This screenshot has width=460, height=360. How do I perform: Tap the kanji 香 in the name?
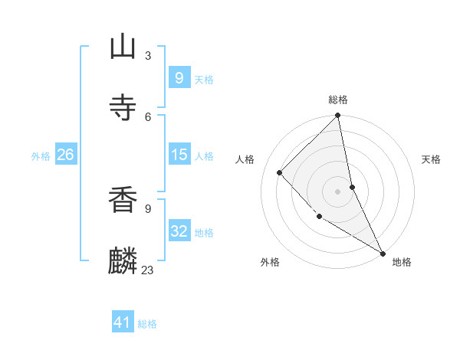(x=123, y=200)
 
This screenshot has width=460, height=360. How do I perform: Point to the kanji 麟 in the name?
(x=123, y=260)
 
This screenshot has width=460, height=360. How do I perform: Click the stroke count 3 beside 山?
(x=148, y=55)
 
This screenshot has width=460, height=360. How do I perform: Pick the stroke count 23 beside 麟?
(x=147, y=270)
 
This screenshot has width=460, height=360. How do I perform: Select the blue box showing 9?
(x=179, y=78)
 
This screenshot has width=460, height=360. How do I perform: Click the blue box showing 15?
(x=179, y=155)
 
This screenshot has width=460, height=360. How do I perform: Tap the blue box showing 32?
(x=179, y=231)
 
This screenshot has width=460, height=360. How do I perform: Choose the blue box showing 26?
(x=65, y=155)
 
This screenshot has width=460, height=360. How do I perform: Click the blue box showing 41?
(x=123, y=323)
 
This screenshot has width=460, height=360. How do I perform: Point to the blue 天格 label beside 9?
(x=204, y=80)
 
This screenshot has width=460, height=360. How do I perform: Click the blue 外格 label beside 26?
(x=41, y=156)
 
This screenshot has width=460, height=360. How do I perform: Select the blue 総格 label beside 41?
(x=147, y=325)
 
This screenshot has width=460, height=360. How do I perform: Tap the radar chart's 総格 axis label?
(x=338, y=100)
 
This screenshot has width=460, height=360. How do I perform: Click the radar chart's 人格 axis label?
(x=246, y=159)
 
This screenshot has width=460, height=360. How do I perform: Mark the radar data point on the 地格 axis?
(x=383, y=253)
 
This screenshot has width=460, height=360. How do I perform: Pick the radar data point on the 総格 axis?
(x=338, y=116)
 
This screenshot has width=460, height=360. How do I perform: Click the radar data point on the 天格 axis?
(x=352, y=187)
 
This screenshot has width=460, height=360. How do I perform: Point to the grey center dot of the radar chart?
(x=338, y=191)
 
